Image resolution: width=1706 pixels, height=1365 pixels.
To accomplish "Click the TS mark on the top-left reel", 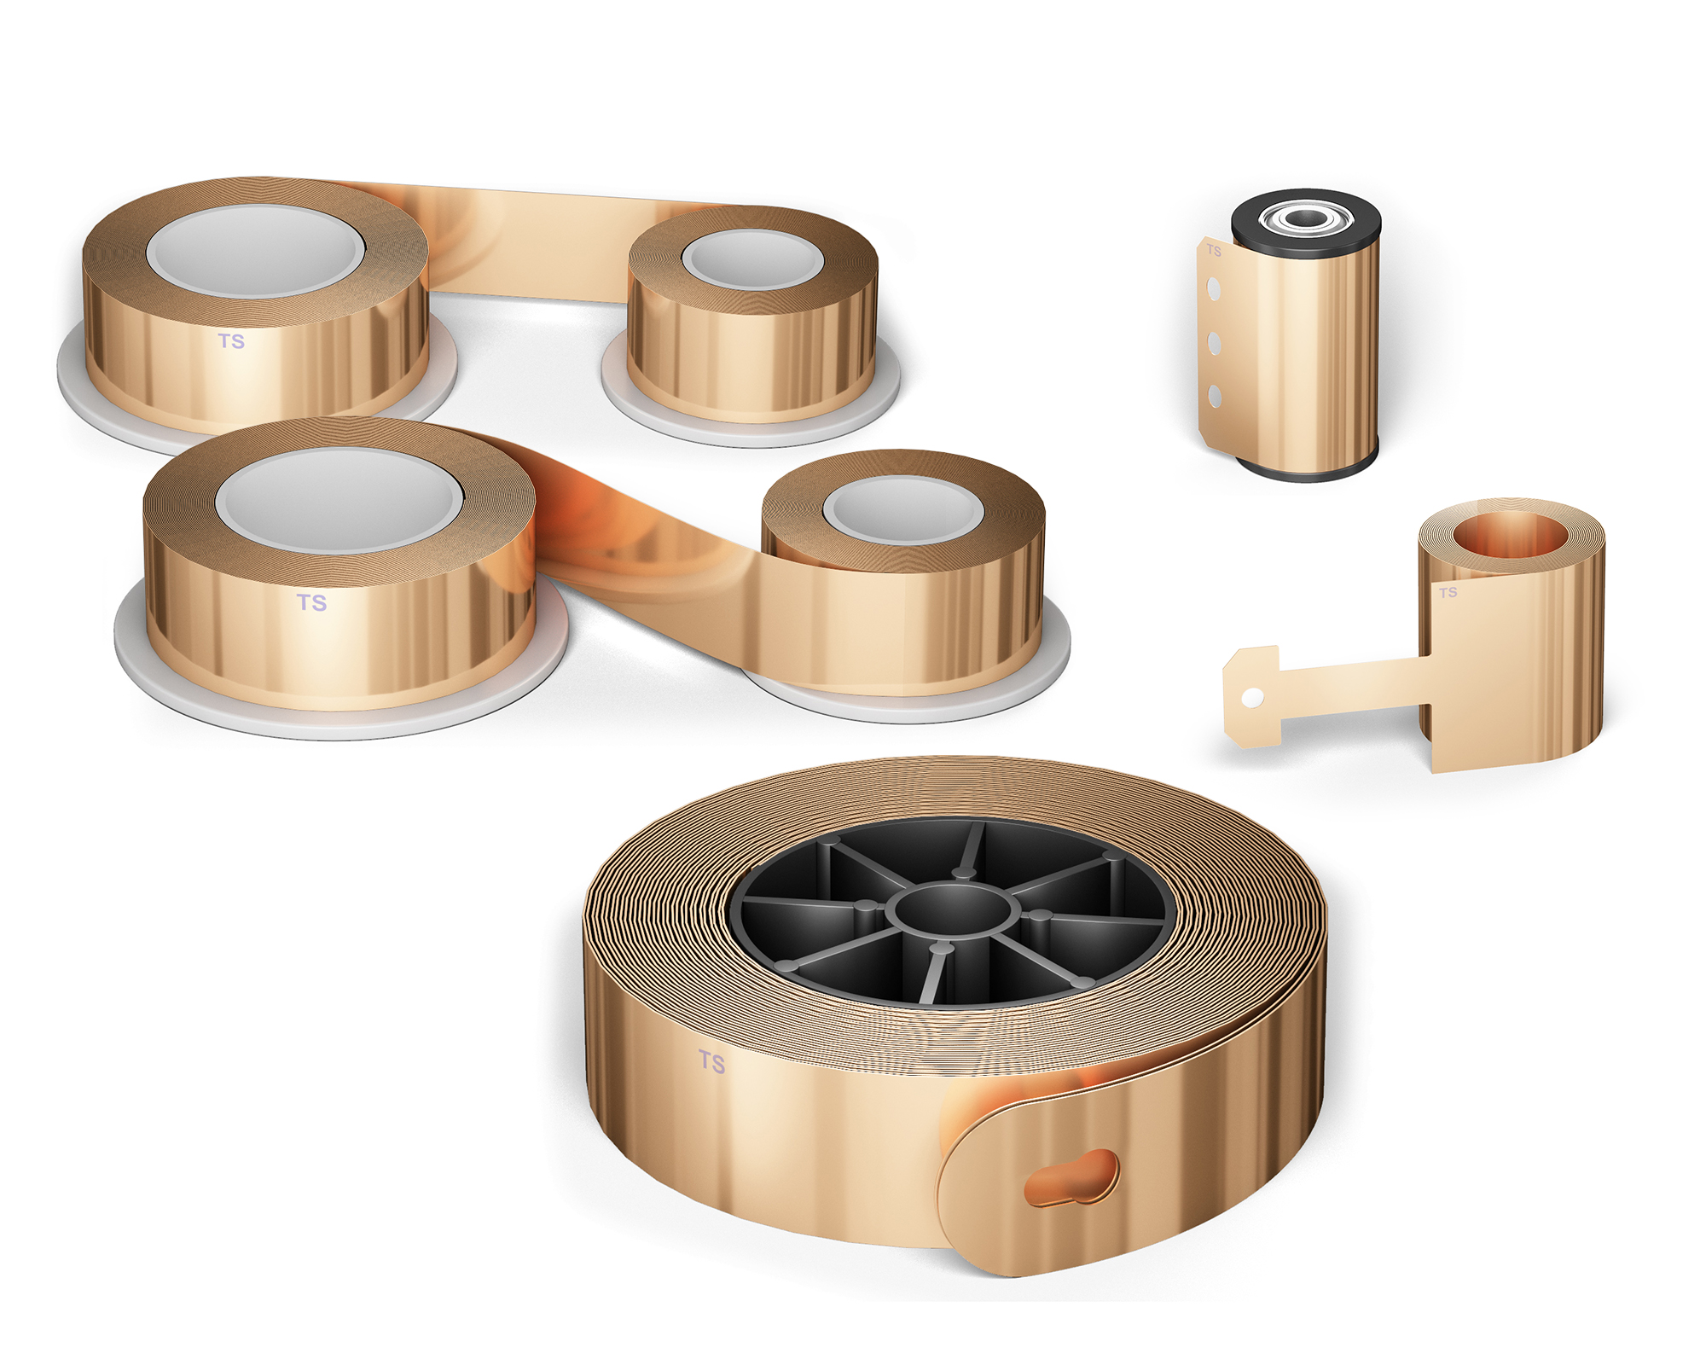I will tap(231, 341).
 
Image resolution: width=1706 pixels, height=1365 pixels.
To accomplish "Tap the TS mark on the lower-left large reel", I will tap(311, 602).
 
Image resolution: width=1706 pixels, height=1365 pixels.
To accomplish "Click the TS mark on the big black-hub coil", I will tap(711, 1061).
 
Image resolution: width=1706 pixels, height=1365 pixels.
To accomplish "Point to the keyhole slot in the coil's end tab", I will tap(1071, 1178).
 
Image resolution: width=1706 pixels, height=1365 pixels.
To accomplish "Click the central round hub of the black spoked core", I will tap(953, 909).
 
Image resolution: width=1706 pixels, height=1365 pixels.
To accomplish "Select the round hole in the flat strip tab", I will tap(1252, 697).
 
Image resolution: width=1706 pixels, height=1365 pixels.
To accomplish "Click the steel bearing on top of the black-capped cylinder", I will tap(1305, 218).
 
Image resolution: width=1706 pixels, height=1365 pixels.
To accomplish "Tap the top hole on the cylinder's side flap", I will tap(1213, 289).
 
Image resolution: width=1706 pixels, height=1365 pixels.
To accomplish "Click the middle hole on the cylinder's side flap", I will tap(1214, 344).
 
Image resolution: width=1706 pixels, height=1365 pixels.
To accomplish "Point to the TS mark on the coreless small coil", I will tap(1448, 592).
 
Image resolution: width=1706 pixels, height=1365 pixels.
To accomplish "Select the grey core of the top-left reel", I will tap(256, 252).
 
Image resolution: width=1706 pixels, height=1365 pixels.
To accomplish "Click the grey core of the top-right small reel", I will tap(752, 259).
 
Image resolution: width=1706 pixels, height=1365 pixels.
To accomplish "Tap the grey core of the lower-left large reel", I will tap(339, 501).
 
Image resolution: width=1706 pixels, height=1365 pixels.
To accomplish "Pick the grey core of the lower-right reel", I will tap(903, 510).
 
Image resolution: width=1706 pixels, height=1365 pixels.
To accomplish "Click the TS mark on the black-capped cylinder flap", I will tap(1214, 251).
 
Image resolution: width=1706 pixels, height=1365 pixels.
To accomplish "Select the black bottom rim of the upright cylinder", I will tap(1305, 472).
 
